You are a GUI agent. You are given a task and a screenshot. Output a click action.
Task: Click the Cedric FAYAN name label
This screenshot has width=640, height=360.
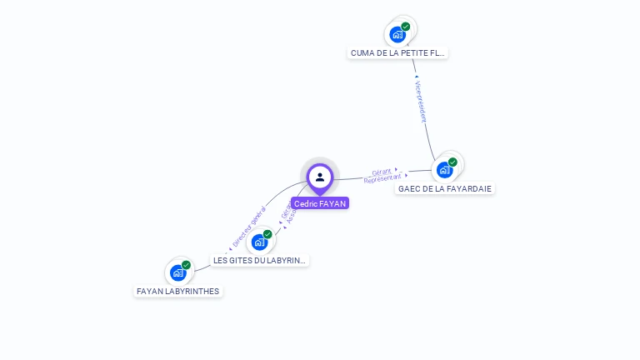coord(320,203)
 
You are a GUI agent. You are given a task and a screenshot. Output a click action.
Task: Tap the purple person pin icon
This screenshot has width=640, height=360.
coord(320,177)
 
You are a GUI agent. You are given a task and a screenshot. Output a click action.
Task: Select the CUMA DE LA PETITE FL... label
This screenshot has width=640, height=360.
coord(397,52)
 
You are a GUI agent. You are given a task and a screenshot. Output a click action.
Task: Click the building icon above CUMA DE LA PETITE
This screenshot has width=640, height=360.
coord(397,34)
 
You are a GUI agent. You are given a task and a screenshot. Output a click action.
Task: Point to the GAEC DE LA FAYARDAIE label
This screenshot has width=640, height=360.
coord(444,188)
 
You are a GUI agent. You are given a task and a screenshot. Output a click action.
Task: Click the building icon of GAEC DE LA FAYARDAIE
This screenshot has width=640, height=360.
coord(444,170)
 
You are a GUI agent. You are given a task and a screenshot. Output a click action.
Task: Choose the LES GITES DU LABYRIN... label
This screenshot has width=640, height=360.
coord(260,260)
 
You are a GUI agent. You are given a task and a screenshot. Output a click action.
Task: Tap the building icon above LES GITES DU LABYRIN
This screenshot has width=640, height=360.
coord(260,242)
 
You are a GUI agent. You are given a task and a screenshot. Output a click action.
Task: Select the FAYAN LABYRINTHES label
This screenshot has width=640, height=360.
coord(178,291)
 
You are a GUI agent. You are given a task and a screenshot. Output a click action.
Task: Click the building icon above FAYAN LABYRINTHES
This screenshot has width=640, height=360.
coord(177,272)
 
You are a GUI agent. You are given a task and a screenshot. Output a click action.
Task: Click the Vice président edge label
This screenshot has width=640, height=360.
coord(421,102)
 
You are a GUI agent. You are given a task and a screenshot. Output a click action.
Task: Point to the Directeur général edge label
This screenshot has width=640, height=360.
coord(249,227)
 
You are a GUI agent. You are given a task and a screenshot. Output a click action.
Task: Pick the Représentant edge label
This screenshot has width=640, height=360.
coord(382,178)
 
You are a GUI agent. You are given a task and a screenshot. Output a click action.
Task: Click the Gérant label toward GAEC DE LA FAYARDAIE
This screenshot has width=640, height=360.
coord(382,171)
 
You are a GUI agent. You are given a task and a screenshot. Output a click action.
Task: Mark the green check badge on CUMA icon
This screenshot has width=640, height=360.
coord(406,27)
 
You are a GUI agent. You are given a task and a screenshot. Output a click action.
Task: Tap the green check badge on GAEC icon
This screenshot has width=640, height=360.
coord(452,162)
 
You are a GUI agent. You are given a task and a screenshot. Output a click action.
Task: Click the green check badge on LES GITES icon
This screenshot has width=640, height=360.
coord(267,234)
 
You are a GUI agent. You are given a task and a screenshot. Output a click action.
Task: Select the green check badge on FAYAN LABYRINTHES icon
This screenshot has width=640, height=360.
coord(186,265)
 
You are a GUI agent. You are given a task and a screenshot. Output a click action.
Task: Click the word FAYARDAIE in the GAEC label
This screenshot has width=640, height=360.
coord(467,188)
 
